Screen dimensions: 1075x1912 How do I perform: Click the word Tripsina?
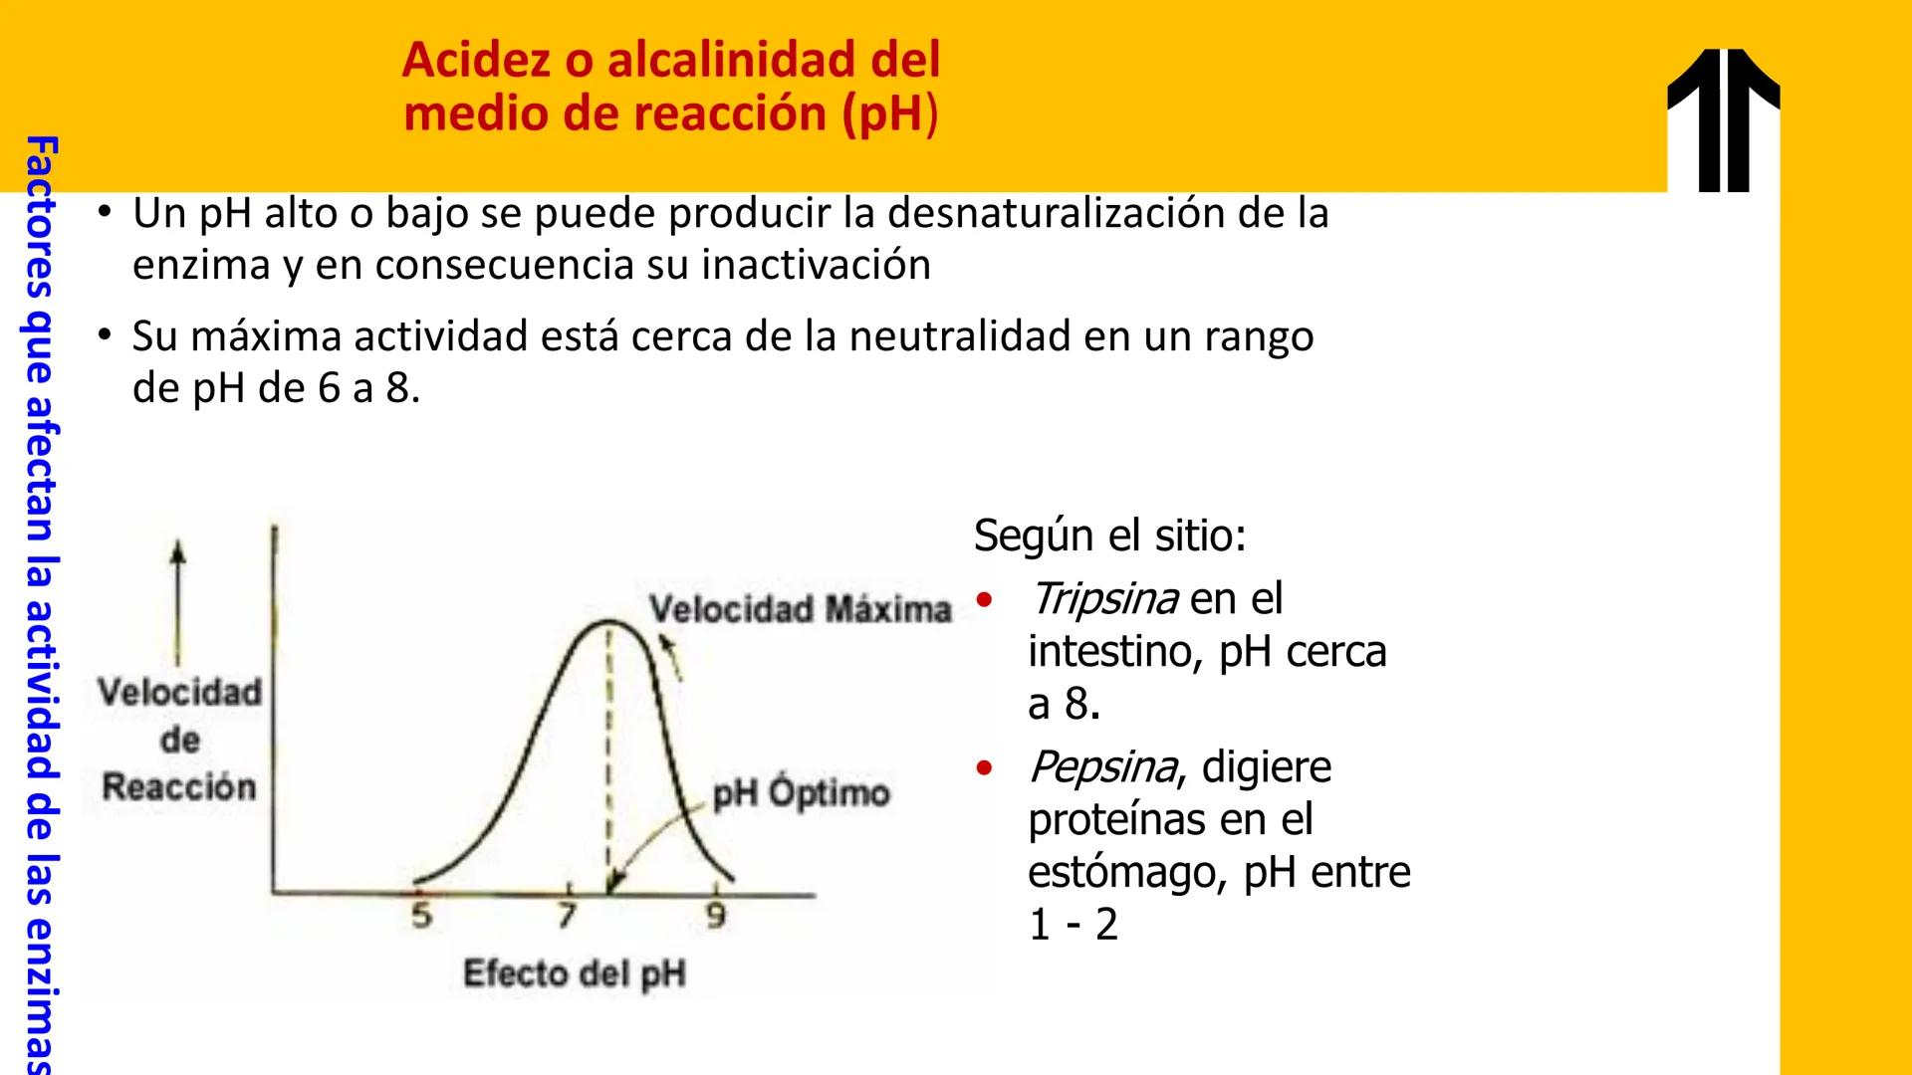tap(1103, 599)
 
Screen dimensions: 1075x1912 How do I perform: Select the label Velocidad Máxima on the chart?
tap(801, 609)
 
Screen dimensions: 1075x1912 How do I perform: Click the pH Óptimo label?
tap(801, 793)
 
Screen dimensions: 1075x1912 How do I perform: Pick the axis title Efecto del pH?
tap(575, 972)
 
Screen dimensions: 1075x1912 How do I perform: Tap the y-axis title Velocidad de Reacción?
tap(179, 740)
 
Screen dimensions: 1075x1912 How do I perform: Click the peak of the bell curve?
tap(607, 623)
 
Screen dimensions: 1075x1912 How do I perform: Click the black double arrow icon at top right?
tap(1724, 119)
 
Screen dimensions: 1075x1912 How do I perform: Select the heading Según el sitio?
tap(1109, 536)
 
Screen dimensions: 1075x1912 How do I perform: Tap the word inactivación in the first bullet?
tap(817, 265)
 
